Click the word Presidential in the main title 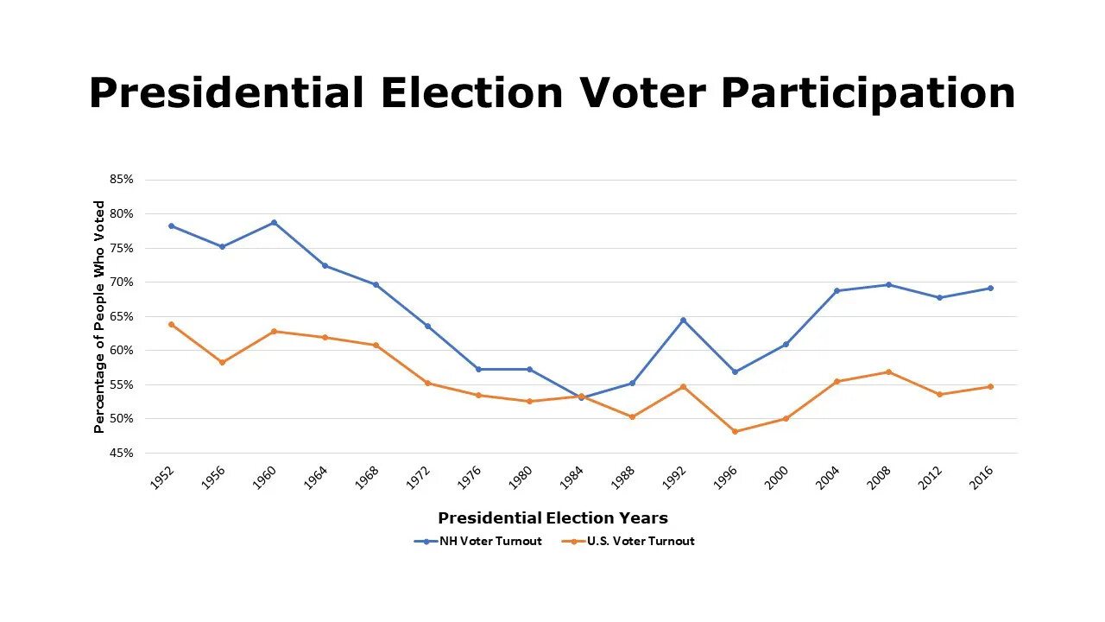tap(226, 93)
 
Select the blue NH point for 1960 tap(274, 222)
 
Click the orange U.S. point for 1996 tap(735, 431)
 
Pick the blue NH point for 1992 tap(683, 320)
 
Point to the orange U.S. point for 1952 tap(171, 324)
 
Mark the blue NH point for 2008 tap(888, 284)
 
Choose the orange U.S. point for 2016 tap(990, 386)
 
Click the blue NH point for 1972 tap(427, 326)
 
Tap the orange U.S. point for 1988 tap(632, 416)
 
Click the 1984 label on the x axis tap(571, 478)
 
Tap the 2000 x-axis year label tap(776, 478)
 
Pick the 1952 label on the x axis tap(161, 478)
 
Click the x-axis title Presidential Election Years tap(552, 518)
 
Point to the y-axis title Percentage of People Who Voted tap(99, 316)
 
